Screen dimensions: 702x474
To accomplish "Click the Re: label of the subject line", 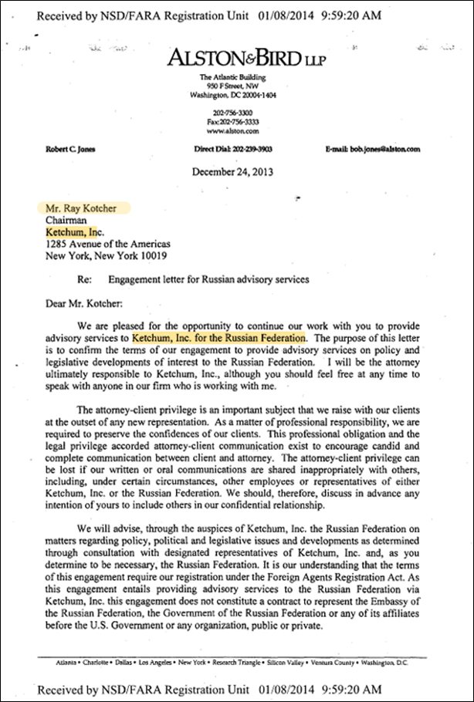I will coord(86,279).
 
